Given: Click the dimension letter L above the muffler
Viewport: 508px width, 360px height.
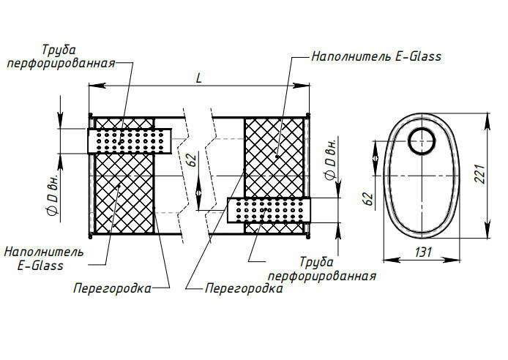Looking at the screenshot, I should click(199, 78).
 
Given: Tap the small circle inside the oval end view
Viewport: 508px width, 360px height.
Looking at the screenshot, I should click(422, 140).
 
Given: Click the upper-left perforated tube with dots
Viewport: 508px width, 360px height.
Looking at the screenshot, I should click(130, 140).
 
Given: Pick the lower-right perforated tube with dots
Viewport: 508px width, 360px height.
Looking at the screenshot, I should click(270, 211).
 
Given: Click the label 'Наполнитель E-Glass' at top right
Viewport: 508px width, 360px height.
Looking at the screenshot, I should click(376, 56).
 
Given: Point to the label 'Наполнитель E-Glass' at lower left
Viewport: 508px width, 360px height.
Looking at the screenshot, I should click(43, 258).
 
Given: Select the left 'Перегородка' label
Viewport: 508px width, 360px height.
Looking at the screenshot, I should click(112, 288).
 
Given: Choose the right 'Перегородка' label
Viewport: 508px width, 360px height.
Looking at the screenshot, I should click(244, 288).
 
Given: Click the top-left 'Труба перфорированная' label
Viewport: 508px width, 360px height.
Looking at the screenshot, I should click(60, 57).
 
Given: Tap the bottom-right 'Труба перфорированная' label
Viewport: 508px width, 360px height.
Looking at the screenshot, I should click(322, 269).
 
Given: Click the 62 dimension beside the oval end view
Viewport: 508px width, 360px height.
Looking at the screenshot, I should click(369, 198).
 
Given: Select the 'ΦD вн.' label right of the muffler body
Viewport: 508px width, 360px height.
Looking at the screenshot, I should click(330, 158).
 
